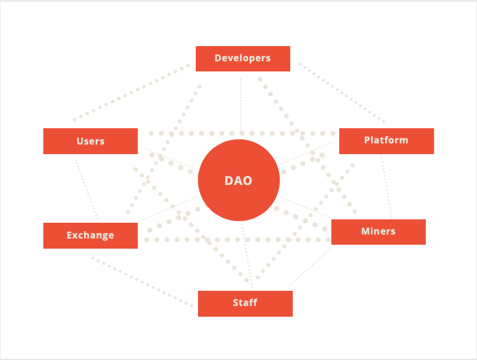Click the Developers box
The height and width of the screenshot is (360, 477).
[x=243, y=58]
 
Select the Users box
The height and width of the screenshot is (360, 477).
[x=91, y=141]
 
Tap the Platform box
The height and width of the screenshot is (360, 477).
[x=386, y=141]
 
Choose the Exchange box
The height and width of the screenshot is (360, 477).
[x=91, y=236]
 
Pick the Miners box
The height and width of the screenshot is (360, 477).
[x=379, y=232]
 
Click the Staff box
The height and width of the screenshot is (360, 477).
[x=245, y=304]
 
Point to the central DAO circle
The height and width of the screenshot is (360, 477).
[x=239, y=180]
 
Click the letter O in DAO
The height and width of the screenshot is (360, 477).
[x=247, y=181]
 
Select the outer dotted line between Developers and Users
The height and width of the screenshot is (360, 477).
[x=132, y=92]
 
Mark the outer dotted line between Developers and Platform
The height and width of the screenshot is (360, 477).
[x=341, y=93]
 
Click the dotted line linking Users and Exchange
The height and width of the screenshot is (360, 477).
[x=87, y=189]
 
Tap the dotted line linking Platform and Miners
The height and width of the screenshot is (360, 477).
[x=386, y=186]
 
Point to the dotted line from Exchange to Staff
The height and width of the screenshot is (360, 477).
[x=142, y=282]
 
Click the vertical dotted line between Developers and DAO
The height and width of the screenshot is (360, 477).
[x=241, y=106]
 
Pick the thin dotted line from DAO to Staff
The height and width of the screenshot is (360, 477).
[x=247, y=255]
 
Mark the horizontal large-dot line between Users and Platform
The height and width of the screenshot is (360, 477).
[x=242, y=133]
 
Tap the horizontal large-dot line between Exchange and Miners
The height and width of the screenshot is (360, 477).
[x=237, y=240]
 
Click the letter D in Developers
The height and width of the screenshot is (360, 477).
[x=218, y=58]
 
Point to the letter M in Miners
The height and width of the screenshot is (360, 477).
[x=366, y=231]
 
